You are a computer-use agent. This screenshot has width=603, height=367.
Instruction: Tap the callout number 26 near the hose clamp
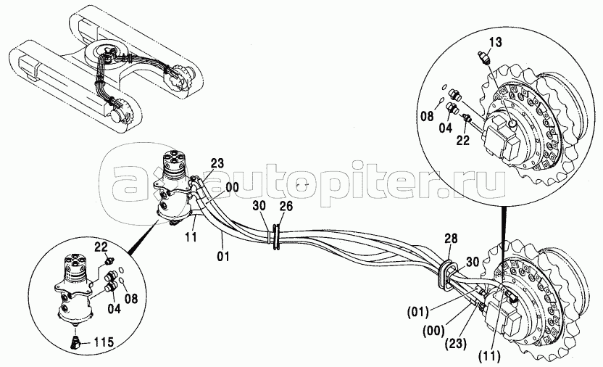286,207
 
